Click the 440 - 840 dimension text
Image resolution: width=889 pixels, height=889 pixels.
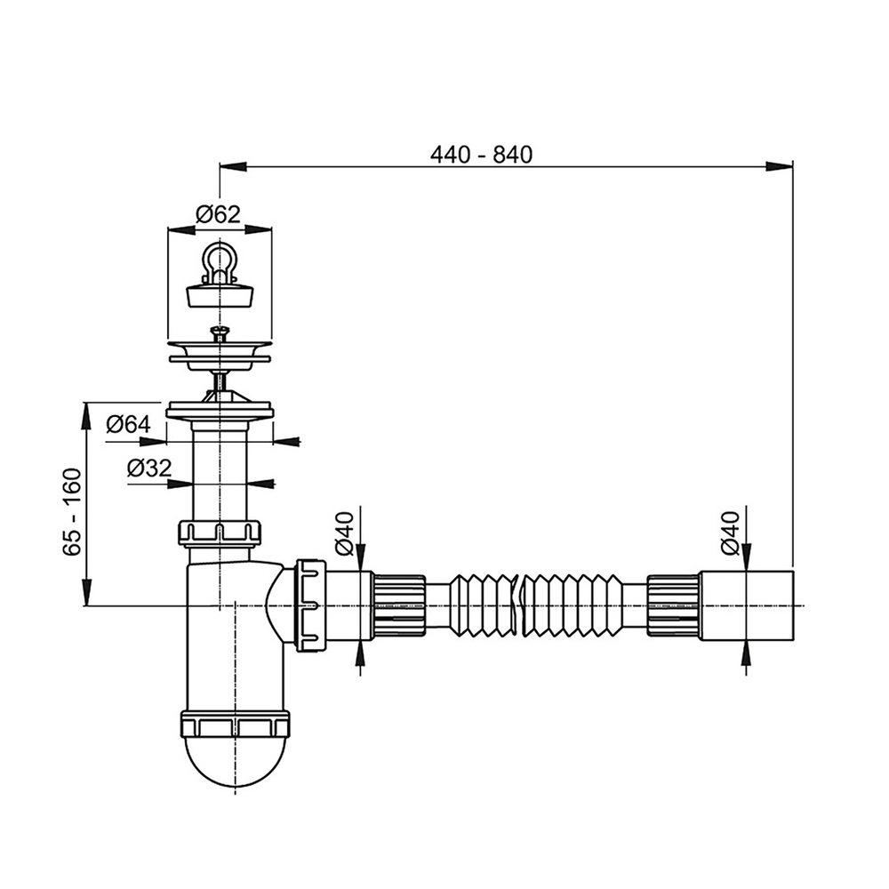tap(480, 154)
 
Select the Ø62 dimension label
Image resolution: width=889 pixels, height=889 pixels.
tap(219, 214)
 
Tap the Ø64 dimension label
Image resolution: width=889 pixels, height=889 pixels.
tap(128, 425)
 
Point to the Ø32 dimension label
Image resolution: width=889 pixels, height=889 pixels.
tap(149, 468)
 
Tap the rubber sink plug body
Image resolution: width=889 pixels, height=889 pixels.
tap(219, 294)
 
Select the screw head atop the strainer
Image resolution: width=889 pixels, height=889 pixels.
tap(219, 333)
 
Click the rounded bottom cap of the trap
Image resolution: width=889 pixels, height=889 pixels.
tap(235, 765)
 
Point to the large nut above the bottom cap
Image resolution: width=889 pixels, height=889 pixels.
tap(235, 724)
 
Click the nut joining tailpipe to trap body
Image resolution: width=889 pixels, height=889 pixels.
tap(220, 532)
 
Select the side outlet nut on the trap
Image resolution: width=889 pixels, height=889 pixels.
tap(310, 605)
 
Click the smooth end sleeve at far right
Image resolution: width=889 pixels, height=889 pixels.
tap(745, 605)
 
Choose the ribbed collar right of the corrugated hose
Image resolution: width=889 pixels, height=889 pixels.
tap(672, 605)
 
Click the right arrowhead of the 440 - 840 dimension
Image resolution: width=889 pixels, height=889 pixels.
tap(781, 165)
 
